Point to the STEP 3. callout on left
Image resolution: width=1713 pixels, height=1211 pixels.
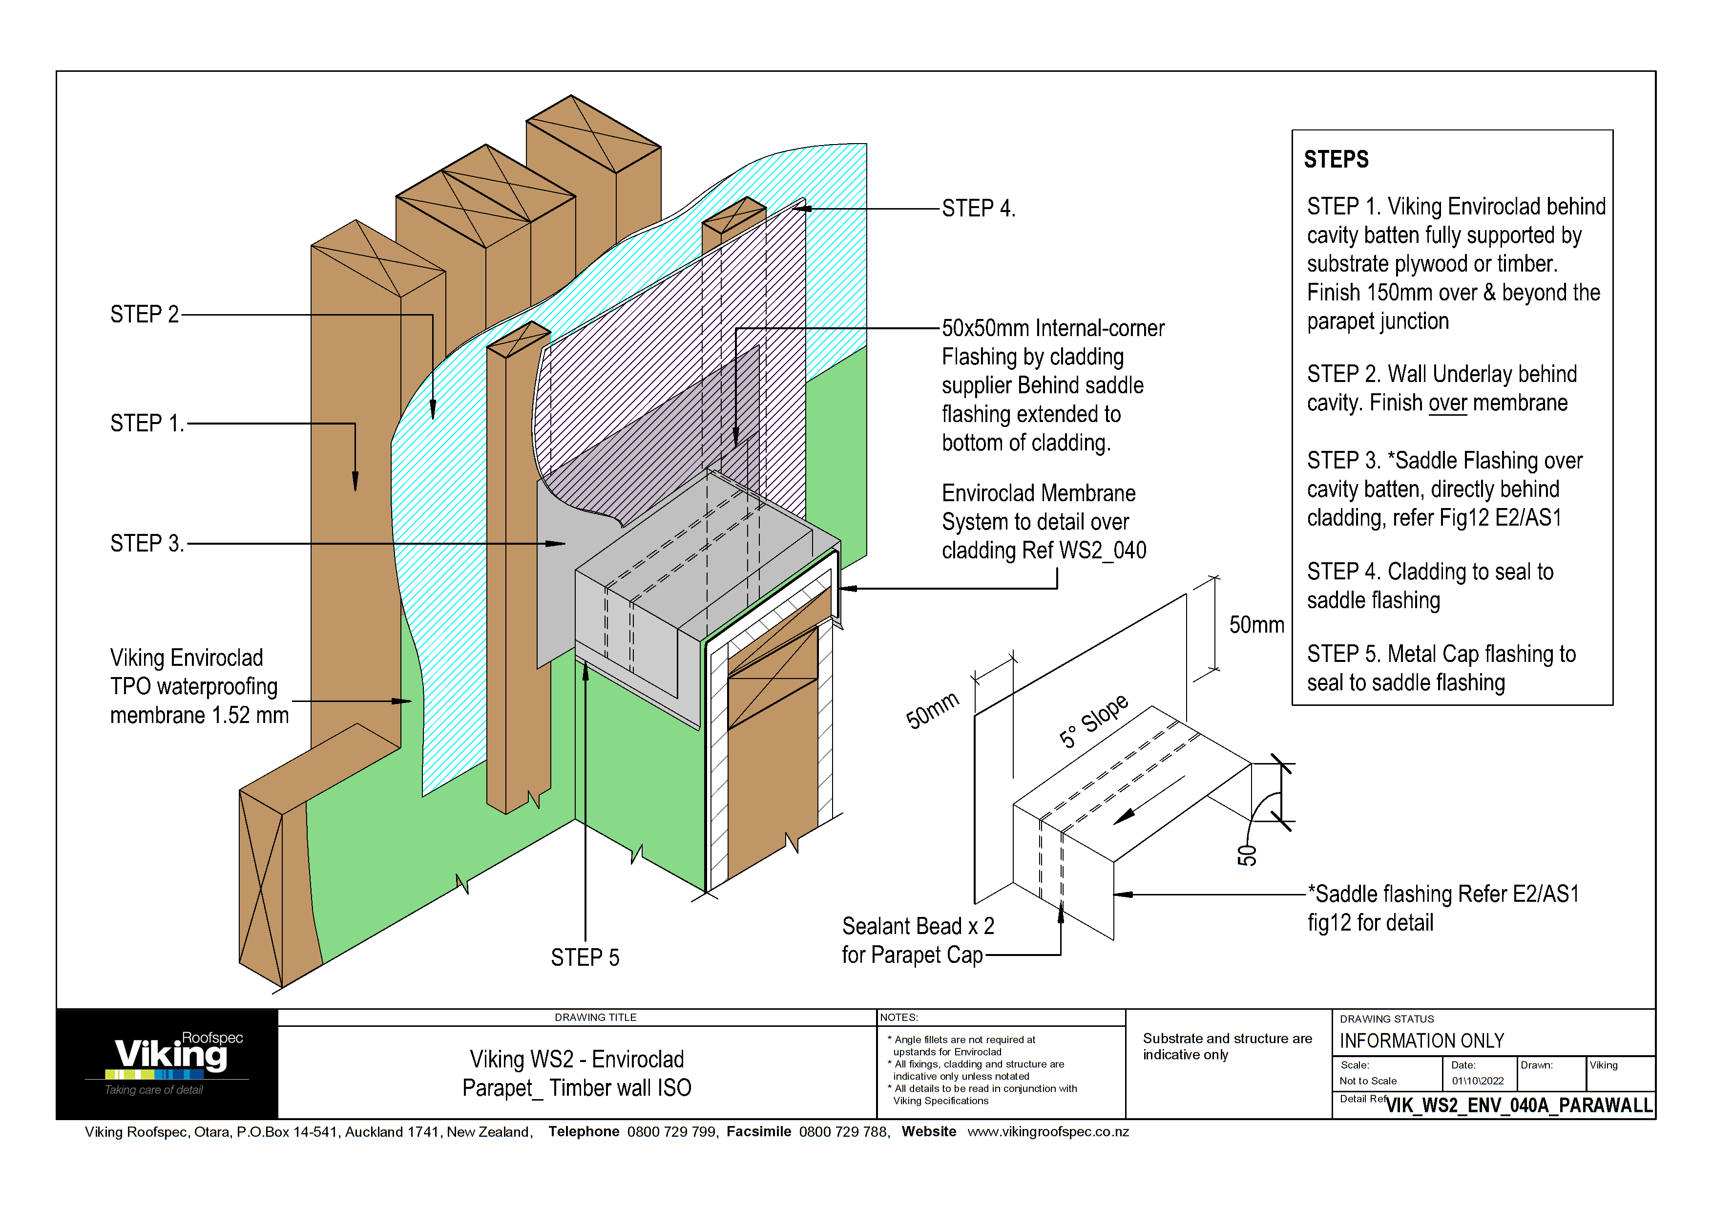146,543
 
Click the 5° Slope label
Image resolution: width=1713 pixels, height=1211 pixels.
1093,721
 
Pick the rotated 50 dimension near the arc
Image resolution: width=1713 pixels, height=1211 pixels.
1247,855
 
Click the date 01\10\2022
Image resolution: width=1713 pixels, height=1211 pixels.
1477,1081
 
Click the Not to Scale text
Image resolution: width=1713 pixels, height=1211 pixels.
1368,1081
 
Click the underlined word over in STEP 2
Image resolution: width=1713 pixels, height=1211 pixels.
1447,403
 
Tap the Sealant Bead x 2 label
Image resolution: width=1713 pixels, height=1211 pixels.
918,926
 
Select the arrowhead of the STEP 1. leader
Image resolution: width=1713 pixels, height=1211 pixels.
355,482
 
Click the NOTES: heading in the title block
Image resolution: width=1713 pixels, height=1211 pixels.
898,1017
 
